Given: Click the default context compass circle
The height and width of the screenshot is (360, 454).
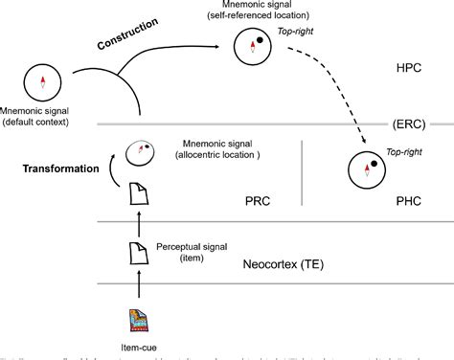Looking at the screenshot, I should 41,81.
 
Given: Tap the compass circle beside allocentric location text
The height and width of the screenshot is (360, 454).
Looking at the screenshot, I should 141,150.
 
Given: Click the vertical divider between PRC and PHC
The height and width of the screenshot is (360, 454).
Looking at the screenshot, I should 303,172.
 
